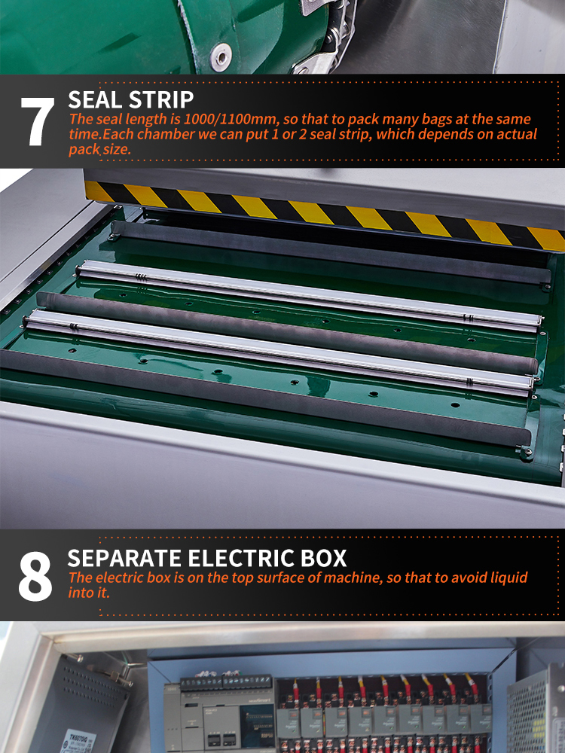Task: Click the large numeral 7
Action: click(37, 121)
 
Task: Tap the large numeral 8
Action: click(35, 576)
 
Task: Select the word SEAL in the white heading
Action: click(95, 100)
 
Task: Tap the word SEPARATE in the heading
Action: click(124, 558)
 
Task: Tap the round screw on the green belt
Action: click(221, 56)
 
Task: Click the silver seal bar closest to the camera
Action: click(279, 352)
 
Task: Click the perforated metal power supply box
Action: click(535, 711)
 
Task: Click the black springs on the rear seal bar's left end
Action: click(140, 277)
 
